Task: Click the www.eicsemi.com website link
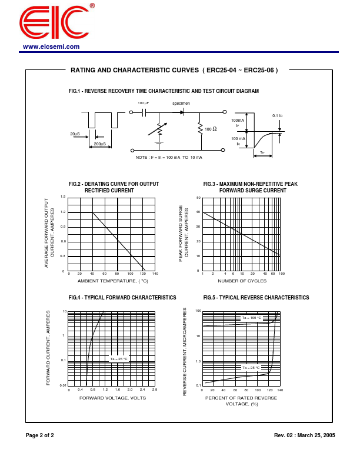pyautogui.click(x=51, y=46)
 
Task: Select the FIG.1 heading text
pyautogui.click(x=164, y=91)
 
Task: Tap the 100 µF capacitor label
pyautogui.click(x=143, y=103)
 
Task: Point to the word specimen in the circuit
pyautogui.click(x=181, y=103)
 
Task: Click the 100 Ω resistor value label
pyautogui.click(x=211, y=129)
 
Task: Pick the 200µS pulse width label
pyautogui.click(x=100, y=144)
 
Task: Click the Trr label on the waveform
pyautogui.click(x=262, y=153)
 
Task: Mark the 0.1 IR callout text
pyautogui.click(x=278, y=116)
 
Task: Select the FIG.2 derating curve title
pyautogui.click(x=114, y=187)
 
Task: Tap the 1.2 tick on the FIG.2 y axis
pyautogui.click(x=63, y=212)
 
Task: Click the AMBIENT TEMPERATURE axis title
pyautogui.click(x=113, y=281)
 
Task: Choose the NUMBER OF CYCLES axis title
pyautogui.click(x=242, y=281)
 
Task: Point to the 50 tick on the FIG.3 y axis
pyautogui.click(x=198, y=198)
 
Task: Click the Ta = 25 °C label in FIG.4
pyautogui.click(x=118, y=358)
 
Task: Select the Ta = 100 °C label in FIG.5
pyautogui.click(x=251, y=318)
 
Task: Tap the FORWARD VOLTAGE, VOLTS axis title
pyautogui.click(x=112, y=398)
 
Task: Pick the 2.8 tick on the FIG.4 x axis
pyautogui.click(x=155, y=390)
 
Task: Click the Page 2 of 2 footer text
pyautogui.click(x=39, y=435)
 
